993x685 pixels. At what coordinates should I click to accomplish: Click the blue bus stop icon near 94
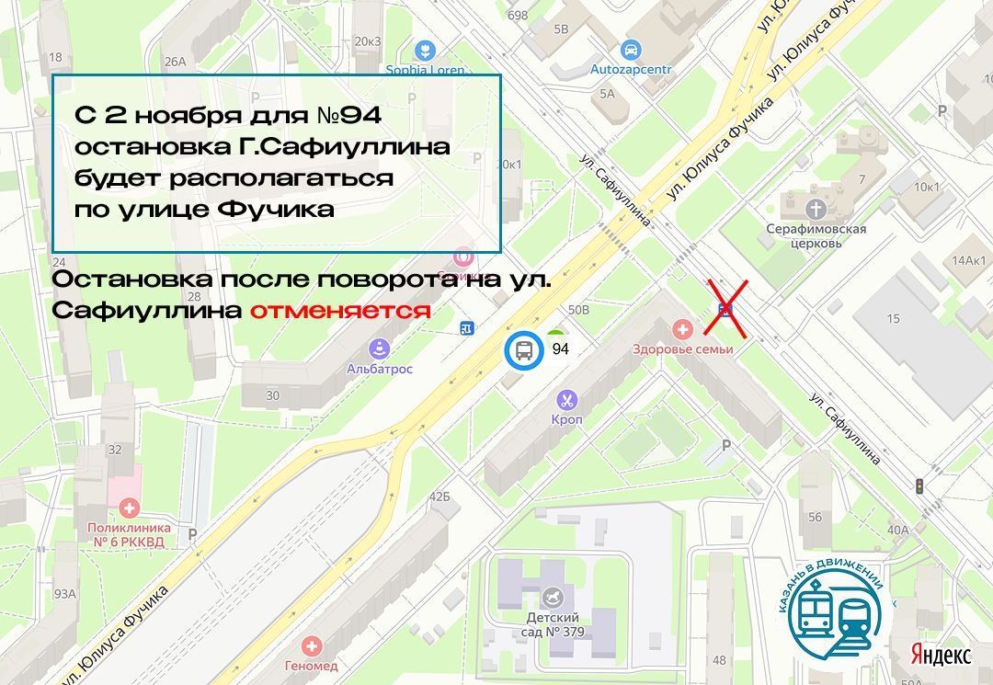point(523,349)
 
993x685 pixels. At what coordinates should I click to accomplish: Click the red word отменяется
point(340,311)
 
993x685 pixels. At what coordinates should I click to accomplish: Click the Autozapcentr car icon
point(631,50)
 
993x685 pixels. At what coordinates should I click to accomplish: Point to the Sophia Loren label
point(425,69)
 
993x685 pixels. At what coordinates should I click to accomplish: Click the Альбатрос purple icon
point(379,348)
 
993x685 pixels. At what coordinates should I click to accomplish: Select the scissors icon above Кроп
point(567,400)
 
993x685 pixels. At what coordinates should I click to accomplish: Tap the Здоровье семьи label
point(682,349)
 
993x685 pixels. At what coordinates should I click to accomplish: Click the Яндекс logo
point(941,655)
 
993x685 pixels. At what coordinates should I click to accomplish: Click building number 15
point(894,318)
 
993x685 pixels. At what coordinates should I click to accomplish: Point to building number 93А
point(64,593)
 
